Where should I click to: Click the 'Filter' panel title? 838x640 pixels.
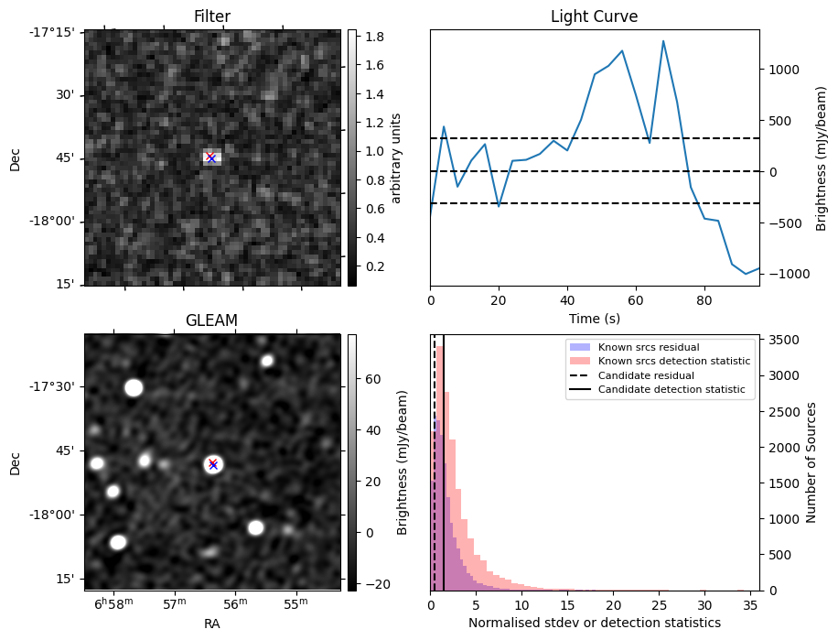pos(212,16)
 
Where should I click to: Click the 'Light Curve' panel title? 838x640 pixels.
pos(594,16)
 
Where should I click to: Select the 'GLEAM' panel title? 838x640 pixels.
pos(212,320)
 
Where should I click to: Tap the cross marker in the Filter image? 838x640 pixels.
pos(211,157)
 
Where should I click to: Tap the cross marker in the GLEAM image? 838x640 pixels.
pos(213,464)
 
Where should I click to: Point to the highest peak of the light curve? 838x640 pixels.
pos(663,41)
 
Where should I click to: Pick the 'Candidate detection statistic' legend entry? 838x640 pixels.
pos(671,390)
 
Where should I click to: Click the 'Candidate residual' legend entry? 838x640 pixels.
pos(646,376)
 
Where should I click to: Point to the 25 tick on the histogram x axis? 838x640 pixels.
pos(659,605)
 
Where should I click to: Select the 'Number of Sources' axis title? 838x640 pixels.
pos(811,462)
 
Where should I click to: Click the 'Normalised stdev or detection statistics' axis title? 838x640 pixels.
pos(594,624)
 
